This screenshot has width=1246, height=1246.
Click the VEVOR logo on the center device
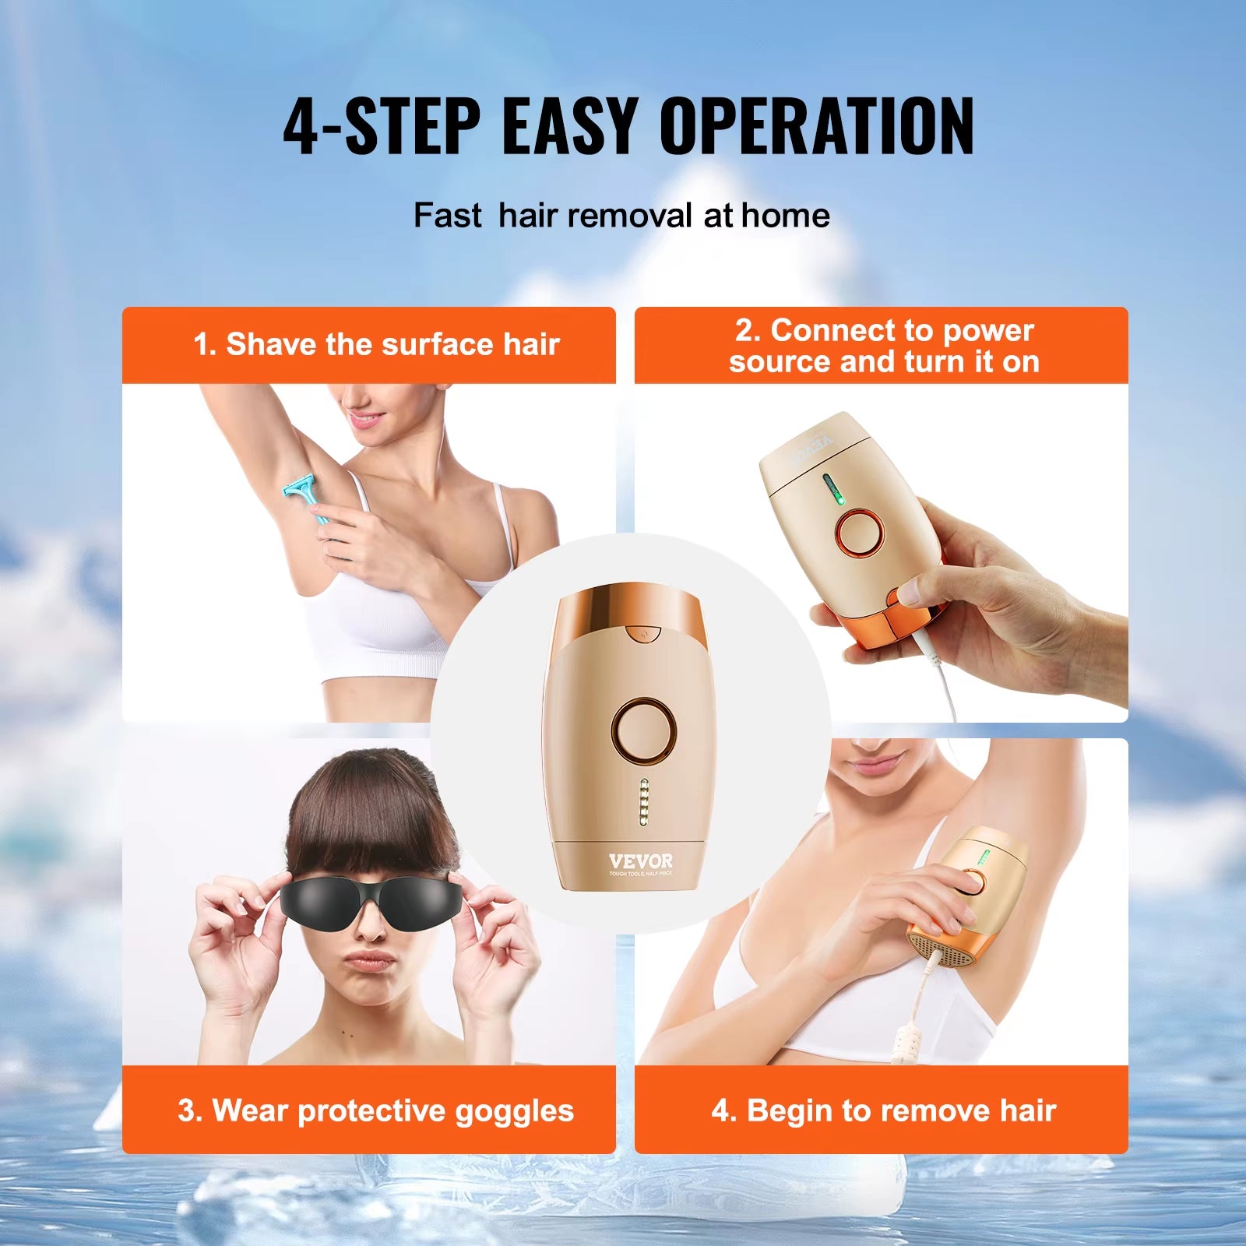click(x=640, y=861)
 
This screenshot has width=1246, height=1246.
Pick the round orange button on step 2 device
click(x=859, y=533)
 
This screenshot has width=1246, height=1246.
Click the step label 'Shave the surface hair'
click(x=376, y=344)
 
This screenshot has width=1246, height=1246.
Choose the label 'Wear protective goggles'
click(x=376, y=1110)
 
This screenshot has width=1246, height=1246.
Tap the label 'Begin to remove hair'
click(x=883, y=1110)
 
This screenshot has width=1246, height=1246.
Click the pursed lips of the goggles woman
click(x=371, y=959)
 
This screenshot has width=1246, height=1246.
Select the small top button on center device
click(x=642, y=634)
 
